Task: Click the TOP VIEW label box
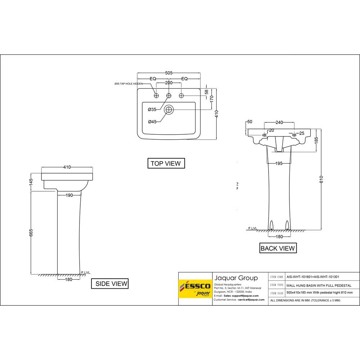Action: pyautogui.click(x=166, y=163)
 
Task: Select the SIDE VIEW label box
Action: pyautogui.click(x=111, y=284)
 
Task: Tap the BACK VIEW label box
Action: pyautogui.click(x=278, y=248)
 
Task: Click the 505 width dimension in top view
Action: pyautogui.click(x=168, y=73)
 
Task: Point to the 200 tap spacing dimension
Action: pyautogui.click(x=168, y=83)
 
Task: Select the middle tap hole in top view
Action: pyautogui.click(x=168, y=95)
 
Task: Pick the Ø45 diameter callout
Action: pyautogui.click(x=152, y=122)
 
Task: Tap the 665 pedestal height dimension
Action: pyautogui.click(x=31, y=233)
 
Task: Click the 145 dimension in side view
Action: pyautogui.click(x=31, y=182)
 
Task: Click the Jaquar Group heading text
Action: pyautogui.click(x=236, y=278)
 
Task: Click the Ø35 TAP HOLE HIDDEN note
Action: pyautogui.click(x=128, y=84)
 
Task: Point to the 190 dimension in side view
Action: pyautogui.click(x=69, y=195)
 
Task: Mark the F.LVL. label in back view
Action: pyautogui.click(x=253, y=228)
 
